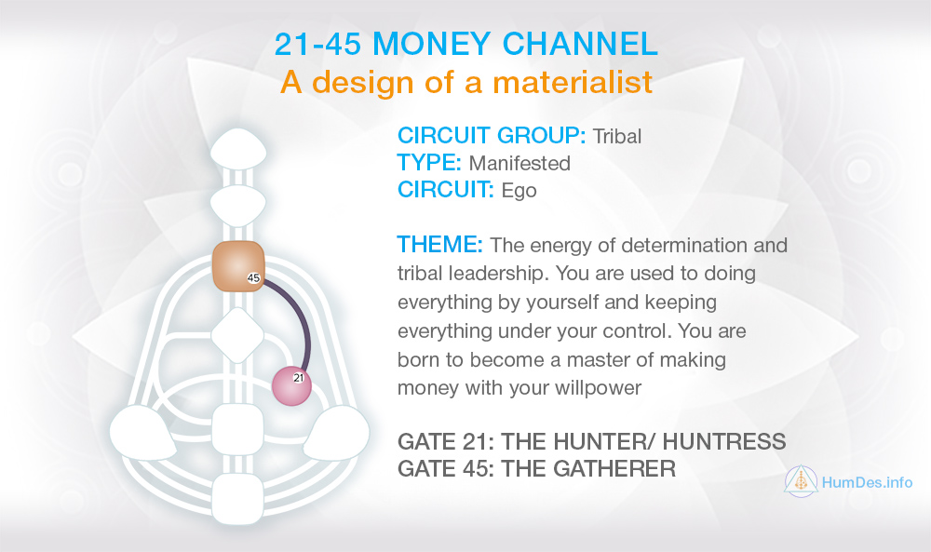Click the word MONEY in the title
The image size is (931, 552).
(x=432, y=44)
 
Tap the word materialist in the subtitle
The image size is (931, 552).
(x=573, y=82)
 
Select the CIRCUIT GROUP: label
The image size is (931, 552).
(x=492, y=135)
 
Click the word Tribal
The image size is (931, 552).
(x=617, y=137)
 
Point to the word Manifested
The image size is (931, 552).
(x=519, y=163)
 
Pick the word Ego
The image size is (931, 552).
(x=519, y=191)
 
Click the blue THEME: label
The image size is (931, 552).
(x=440, y=245)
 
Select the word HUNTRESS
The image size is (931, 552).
(x=723, y=441)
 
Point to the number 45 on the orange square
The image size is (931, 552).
(x=253, y=277)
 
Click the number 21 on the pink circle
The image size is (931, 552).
(x=298, y=378)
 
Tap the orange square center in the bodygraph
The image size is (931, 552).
(x=238, y=266)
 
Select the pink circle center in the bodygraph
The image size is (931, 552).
(x=291, y=386)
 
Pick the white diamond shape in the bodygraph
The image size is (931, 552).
(x=237, y=335)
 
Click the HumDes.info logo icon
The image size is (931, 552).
(x=801, y=481)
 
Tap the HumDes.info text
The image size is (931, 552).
(x=867, y=482)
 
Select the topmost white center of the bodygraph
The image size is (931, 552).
(x=238, y=150)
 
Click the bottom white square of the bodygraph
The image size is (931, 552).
(x=237, y=499)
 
